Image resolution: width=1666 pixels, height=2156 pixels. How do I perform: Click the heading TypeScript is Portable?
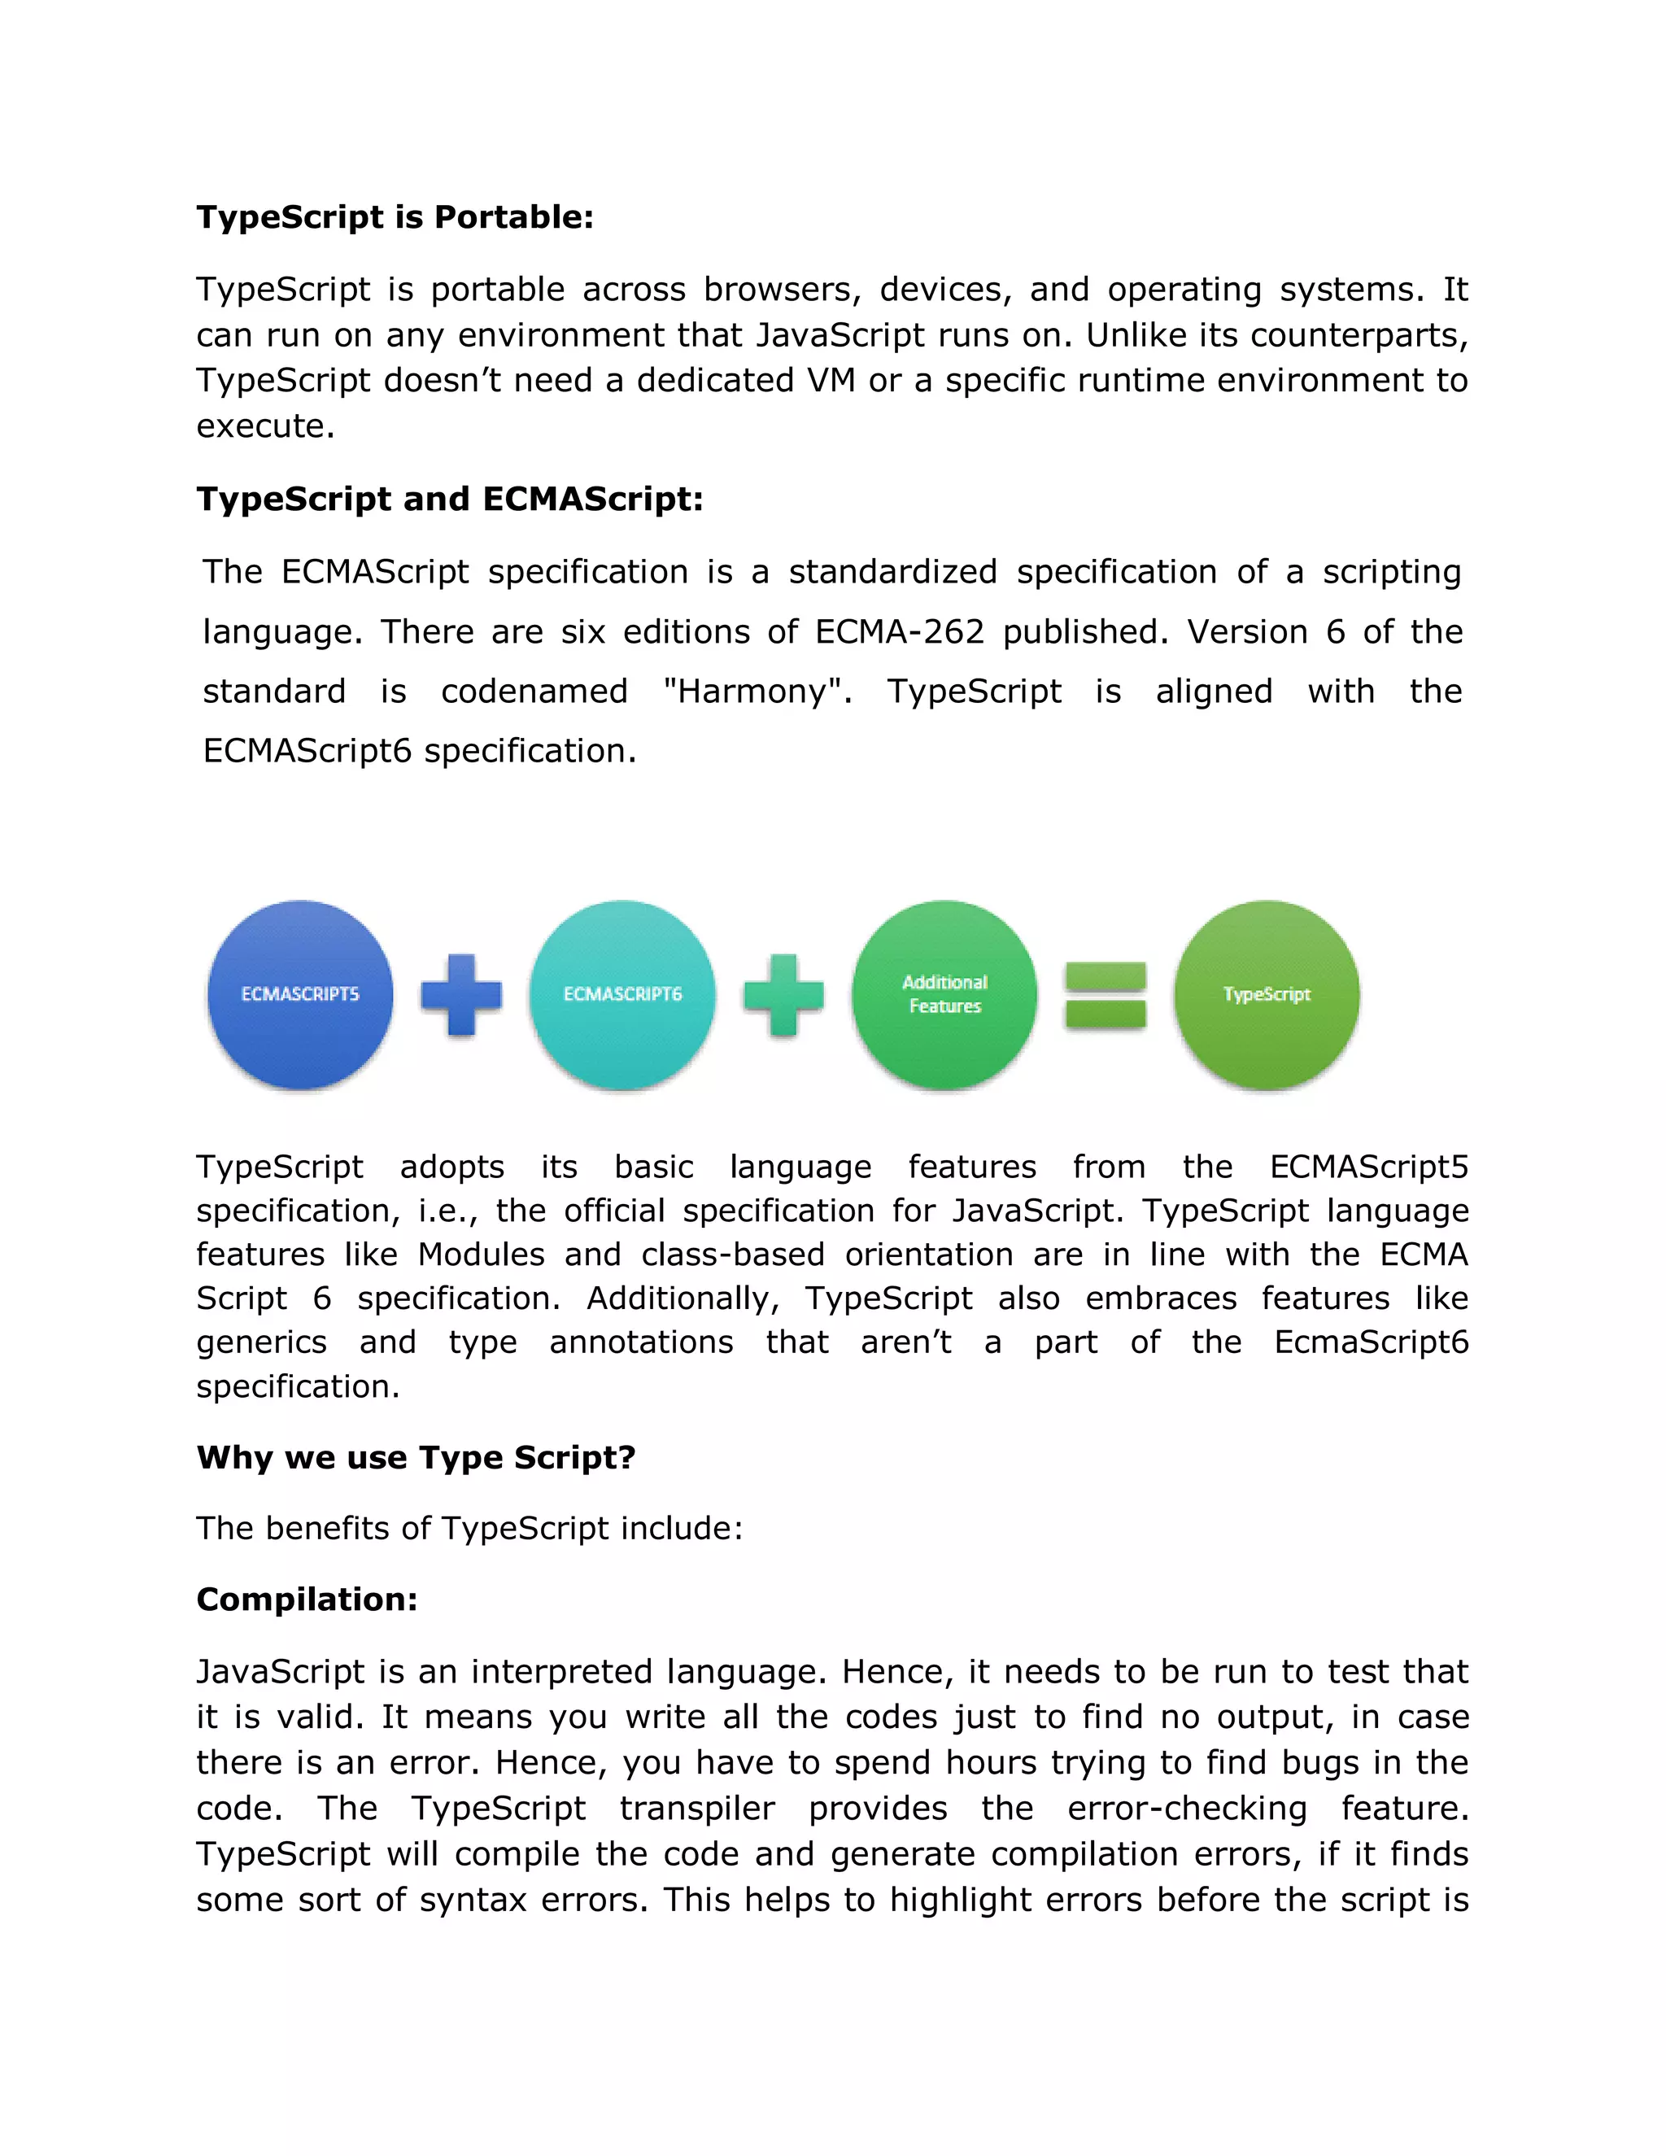tap(395, 217)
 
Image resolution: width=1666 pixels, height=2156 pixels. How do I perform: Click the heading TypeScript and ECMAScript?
tap(449, 499)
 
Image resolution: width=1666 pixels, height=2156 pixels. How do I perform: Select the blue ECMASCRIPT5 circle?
tap(300, 994)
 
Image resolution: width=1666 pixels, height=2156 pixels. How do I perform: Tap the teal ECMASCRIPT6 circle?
tap(621, 994)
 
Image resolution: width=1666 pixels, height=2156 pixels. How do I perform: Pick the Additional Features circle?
tap(944, 994)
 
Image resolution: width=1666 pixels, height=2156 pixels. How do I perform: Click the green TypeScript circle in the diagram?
tap(1267, 994)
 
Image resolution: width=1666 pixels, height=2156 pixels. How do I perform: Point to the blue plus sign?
tap(461, 994)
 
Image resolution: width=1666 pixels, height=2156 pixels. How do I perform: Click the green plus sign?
tap(783, 994)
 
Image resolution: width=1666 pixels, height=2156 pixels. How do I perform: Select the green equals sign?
tap(1106, 995)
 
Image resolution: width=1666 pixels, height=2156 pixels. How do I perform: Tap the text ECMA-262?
tap(899, 632)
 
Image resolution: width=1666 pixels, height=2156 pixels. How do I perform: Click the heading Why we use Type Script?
tap(416, 1457)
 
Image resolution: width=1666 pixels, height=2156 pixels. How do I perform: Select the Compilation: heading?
tap(307, 1600)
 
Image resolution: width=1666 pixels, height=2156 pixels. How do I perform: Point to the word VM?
tap(830, 380)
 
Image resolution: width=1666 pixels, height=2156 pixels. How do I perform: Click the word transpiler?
tap(697, 1808)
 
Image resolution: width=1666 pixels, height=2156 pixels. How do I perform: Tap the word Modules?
tap(481, 1254)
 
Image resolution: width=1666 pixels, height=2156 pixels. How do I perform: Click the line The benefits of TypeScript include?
tap(469, 1528)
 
